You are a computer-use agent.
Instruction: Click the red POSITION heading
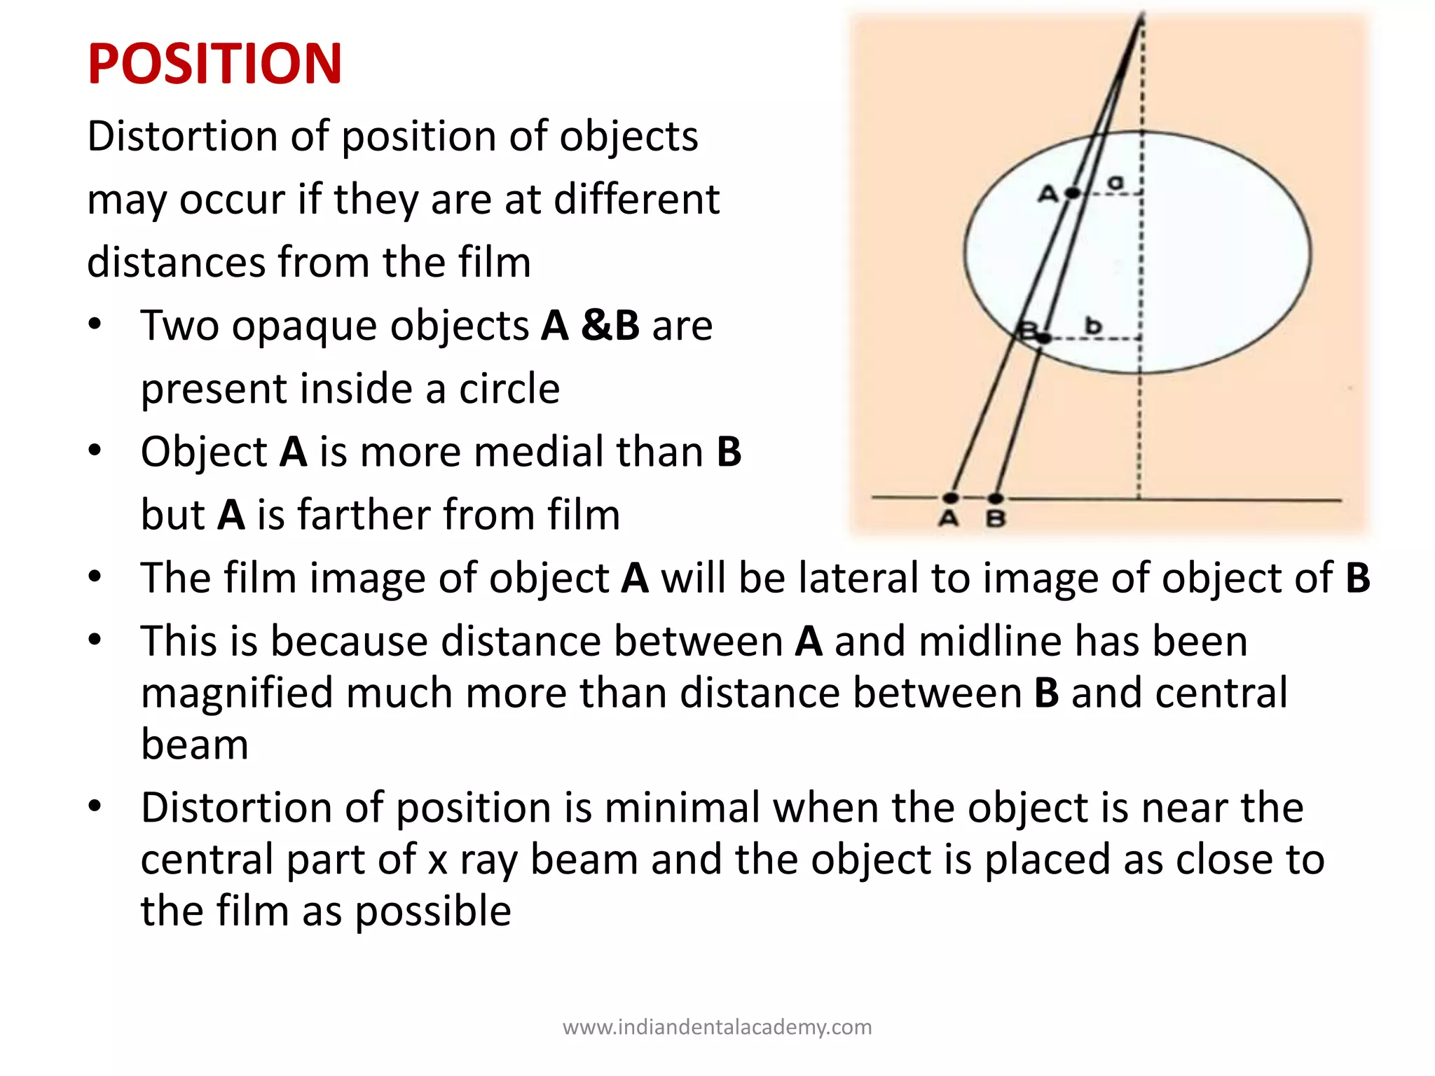coord(214,64)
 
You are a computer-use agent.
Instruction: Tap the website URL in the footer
coord(717,1027)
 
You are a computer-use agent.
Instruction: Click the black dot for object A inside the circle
coord(1072,193)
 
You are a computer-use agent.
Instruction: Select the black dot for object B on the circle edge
coord(1043,338)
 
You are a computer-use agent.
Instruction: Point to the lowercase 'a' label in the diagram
coord(1114,183)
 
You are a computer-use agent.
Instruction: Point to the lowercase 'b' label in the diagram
coord(1093,326)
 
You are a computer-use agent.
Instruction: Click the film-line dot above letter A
coord(951,498)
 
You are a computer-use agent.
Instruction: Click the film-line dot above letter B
coord(996,498)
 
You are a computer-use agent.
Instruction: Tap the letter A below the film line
coord(949,519)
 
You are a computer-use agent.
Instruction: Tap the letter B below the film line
coord(996,519)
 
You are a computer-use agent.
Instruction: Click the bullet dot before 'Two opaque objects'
coord(95,324)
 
